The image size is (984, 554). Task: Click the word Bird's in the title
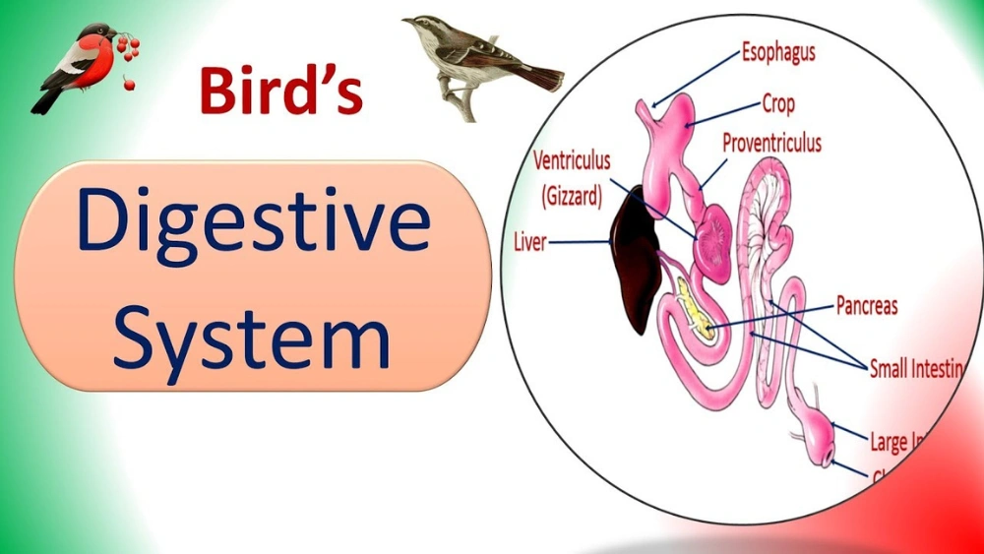coord(280,90)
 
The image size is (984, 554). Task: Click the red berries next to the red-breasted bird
coord(128,55)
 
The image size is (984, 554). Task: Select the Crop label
coord(778,103)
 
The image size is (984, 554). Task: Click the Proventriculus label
coord(771,143)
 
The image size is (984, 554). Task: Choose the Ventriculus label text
coord(572,159)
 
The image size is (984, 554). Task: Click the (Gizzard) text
coord(571,197)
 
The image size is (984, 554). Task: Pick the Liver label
coord(530,241)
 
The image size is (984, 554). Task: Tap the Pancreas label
coord(866,305)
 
